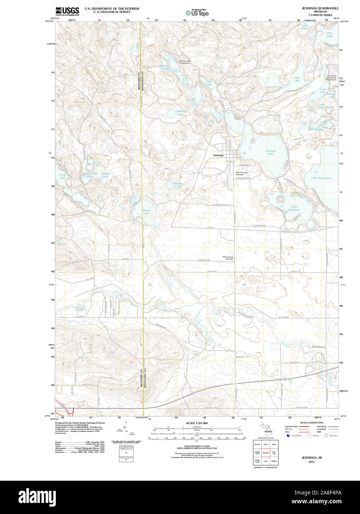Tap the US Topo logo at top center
pyautogui.click(x=197, y=13)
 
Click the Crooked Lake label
pyautogui.click(x=271, y=152)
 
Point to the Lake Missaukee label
pyautogui.click(x=321, y=178)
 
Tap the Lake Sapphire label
pyautogui.click(x=294, y=208)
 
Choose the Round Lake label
pyautogui.click(x=146, y=212)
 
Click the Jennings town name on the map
pyautogui.click(x=218, y=155)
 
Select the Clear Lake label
pyautogui.click(x=209, y=83)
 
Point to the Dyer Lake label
pyautogui.click(x=330, y=34)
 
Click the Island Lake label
pyautogui.click(x=97, y=163)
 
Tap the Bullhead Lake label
pyautogui.click(x=92, y=175)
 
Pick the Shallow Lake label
pyautogui.click(x=178, y=185)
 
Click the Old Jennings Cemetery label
pyautogui.click(x=228, y=258)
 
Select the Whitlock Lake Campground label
pyautogui.click(x=184, y=62)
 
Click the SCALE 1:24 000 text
pyautogui.click(x=197, y=423)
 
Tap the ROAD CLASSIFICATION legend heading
pyautogui.click(x=311, y=423)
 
